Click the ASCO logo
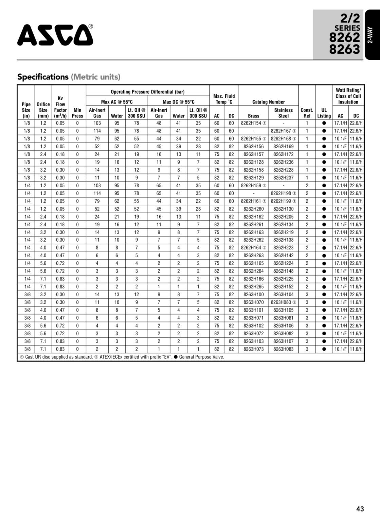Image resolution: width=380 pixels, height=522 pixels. click(55, 35)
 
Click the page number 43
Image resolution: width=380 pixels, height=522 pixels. click(360, 509)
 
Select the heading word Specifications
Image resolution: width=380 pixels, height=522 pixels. click(43, 77)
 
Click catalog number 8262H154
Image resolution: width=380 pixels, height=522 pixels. click(252, 123)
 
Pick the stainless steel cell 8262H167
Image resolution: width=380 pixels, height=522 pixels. click(282, 131)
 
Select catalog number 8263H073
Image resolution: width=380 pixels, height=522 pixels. click(253, 349)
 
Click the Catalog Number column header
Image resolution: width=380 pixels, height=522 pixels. click(268, 102)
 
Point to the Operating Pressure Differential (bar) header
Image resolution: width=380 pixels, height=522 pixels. click(147, 92)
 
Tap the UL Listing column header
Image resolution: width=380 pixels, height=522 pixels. click(324, 113)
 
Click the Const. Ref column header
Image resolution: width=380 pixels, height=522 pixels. click(307, 113)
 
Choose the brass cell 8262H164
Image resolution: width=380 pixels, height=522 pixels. click(252, 248)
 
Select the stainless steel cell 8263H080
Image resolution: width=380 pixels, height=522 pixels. click(282, 302)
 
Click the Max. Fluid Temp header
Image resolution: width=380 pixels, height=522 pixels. click(224, 99)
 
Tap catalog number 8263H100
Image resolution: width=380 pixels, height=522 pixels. click(253, 295)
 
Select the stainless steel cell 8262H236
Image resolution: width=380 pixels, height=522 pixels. click(283, 162)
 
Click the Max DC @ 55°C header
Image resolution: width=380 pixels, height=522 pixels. click(178, 102)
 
